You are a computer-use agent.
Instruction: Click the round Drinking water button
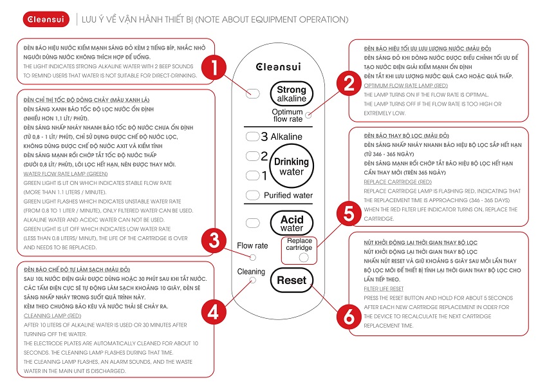click(291, 167)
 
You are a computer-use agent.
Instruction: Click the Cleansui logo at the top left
click(40, 19)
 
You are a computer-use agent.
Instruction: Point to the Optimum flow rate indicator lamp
click(309, 115)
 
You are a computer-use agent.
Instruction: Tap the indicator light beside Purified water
click(252, 195)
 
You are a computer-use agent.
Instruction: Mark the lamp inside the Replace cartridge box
click(304, 257)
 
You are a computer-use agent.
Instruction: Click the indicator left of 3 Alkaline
click(252, 137)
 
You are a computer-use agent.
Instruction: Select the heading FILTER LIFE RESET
click(384, 289)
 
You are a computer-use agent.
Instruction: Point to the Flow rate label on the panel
click(252, 245)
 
